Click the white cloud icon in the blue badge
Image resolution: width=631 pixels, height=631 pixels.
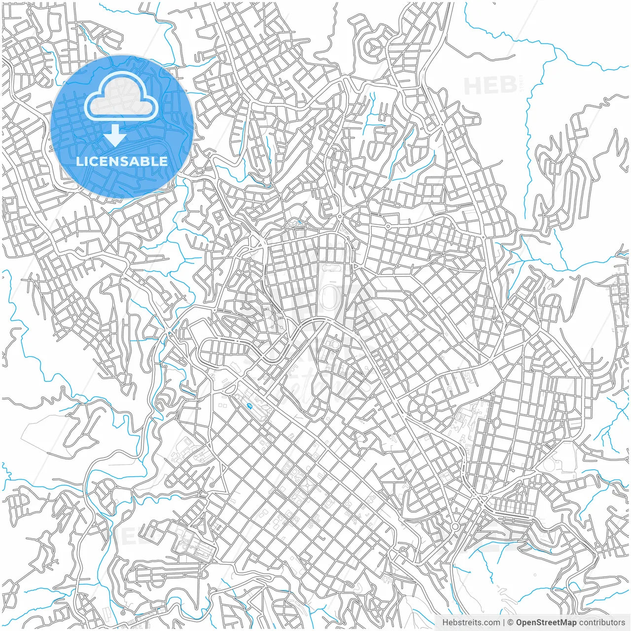coord(121,97)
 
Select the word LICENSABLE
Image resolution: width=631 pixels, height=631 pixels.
coord(122,161)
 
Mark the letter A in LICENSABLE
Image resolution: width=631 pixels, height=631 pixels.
coord(136,161)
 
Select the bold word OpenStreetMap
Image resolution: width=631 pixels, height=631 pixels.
coord(546,623)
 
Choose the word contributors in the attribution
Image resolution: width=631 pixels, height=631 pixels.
coord(602,623)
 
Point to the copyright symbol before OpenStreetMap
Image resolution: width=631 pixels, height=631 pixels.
coord(511,623)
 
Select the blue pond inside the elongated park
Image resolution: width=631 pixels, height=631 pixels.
coord(250,406)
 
